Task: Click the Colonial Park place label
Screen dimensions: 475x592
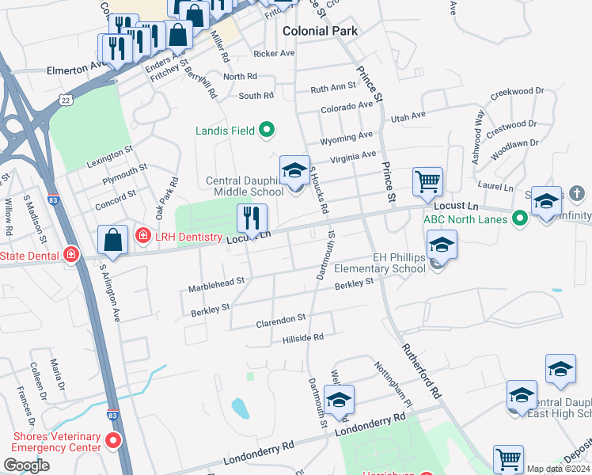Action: pos(321,31)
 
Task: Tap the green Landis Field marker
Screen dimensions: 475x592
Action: pos(267,130)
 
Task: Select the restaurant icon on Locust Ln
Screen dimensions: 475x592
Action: pos(252,218)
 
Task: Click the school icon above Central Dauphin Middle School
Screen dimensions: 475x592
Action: pos(294,171)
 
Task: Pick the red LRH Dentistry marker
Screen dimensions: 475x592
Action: pos(142,234)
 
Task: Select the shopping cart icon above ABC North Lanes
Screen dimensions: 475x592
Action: pos(427,181)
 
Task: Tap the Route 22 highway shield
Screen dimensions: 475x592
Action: pos(65,100)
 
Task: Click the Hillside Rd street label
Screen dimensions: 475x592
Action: pos(303,337)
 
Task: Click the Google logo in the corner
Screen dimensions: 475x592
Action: pos(26,465)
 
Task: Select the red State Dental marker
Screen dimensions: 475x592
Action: pos(71,254)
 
